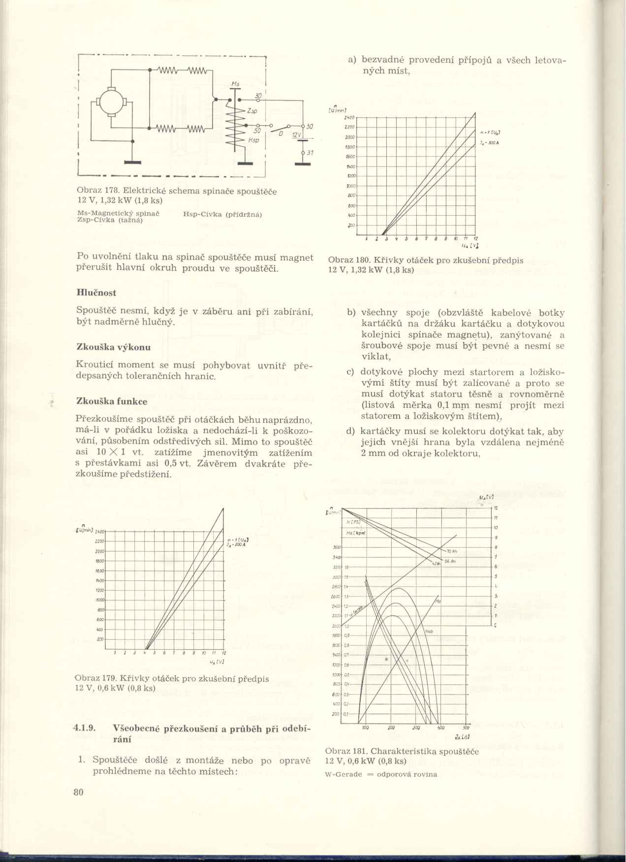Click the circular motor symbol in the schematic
click(x=112, y=102)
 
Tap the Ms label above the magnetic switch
click(x=235, y=85)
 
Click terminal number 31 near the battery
click(x=310, y=153)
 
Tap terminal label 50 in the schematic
click(x=257, y=131)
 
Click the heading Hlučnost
click(x=96, y=293)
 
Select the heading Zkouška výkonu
click(x=114, y=347)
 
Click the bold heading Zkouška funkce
click(x=112, y=401)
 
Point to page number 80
click(x=79, y=792)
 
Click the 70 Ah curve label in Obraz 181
click(x=452, y=551)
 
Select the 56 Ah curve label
click(x=450, y=561)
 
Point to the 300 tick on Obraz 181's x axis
click(x=416, y=728)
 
